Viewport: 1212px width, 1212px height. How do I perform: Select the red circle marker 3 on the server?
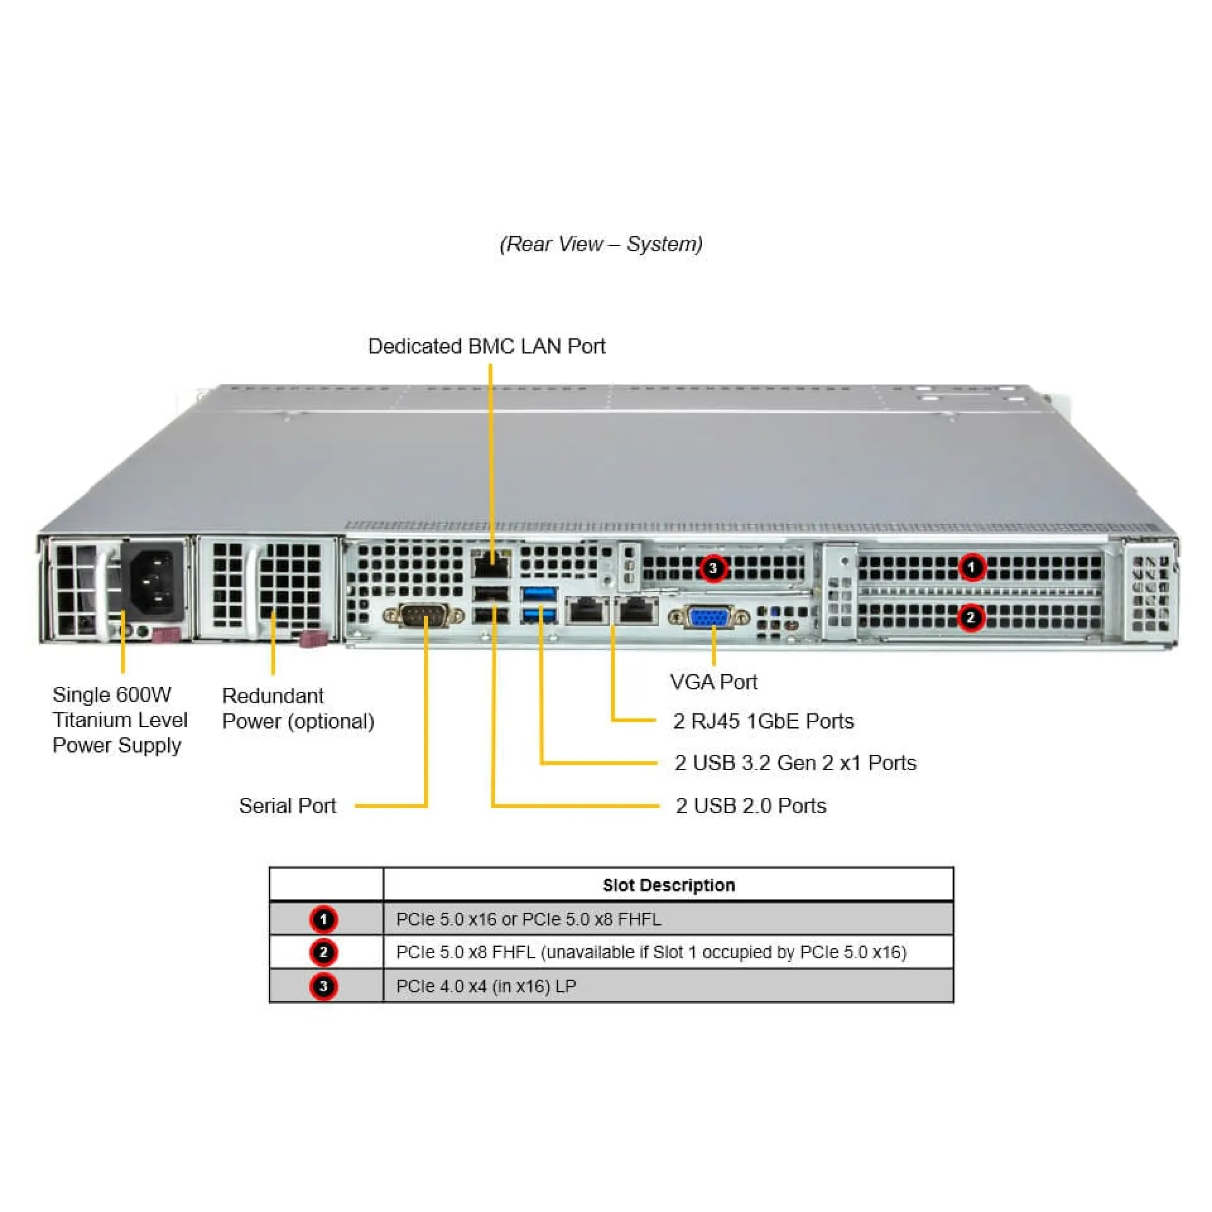[x=713, y=568]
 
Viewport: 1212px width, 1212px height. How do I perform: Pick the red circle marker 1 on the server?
[x=971, y=567]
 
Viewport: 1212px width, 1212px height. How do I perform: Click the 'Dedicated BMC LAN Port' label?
[x=486, y=346]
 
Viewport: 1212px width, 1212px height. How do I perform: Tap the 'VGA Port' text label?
[x=713, y=682]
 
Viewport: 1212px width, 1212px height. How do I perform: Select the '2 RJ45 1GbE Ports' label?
[x=763, y=721]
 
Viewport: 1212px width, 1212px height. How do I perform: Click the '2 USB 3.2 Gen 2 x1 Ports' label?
[x=795, y=763]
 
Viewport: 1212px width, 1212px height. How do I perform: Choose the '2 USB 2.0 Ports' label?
[x=751, y=805]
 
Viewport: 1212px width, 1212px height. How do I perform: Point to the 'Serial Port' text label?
[x=287, y=805]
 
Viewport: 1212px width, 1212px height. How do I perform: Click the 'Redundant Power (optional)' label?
[x=298, y=708]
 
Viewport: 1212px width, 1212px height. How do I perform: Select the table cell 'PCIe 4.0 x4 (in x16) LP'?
[x=486, y=986]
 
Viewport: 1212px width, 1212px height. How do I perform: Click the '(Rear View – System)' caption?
[x=601, y=244]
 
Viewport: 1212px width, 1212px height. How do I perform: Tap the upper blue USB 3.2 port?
[x=540, y=593]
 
